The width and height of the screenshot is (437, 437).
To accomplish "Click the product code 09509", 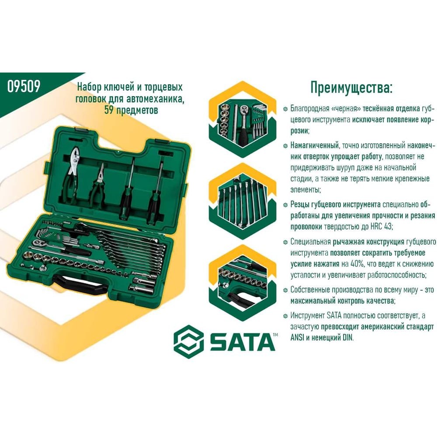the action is pyautogui.click(x=24, y=86).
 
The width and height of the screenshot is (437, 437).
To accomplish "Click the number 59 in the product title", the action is pyautogui.click(x=108, y=110).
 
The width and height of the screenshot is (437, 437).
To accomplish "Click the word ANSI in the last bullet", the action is pyautogui.click(x=297, y=337).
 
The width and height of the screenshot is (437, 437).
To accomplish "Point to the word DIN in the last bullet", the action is pyautogui.click(x=347, y=337).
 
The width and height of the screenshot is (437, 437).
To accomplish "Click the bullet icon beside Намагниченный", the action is pyautogui.click(x=285, y=146).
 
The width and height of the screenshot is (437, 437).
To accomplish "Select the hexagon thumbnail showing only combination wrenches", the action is pyautogui.click(x=243, y=201).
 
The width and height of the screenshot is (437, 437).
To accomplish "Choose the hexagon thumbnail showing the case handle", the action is pyautogui.click(x=243, y=283).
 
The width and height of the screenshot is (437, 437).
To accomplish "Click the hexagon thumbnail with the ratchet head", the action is pyautogui.click(x=243, y=120).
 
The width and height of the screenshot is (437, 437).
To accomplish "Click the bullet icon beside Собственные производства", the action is pyautogui.click(x=285, y=290).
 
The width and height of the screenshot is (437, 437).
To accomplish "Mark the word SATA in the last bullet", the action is pyautogui.click(x=334, y=316).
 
